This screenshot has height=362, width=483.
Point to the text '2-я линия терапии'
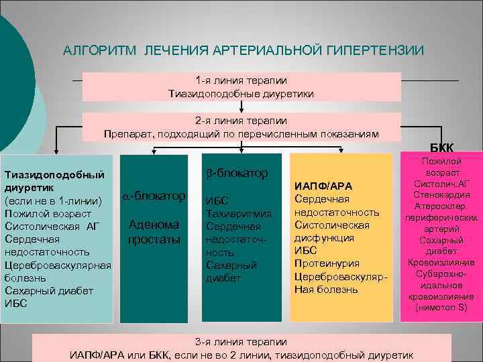pyautogui.click(x=241, y=121)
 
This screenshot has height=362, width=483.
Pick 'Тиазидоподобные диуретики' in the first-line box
pyautogui.click(x=241, y=93)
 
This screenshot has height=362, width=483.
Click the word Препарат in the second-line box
pyautogui.click(x=126, y=134)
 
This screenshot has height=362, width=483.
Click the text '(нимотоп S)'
pyautogui.click(x=441, y=308)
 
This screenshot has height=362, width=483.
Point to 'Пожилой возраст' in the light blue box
pyautogui.click(x=48, y=214)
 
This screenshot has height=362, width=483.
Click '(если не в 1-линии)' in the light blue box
pyautogui.click(x=53, y=201)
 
